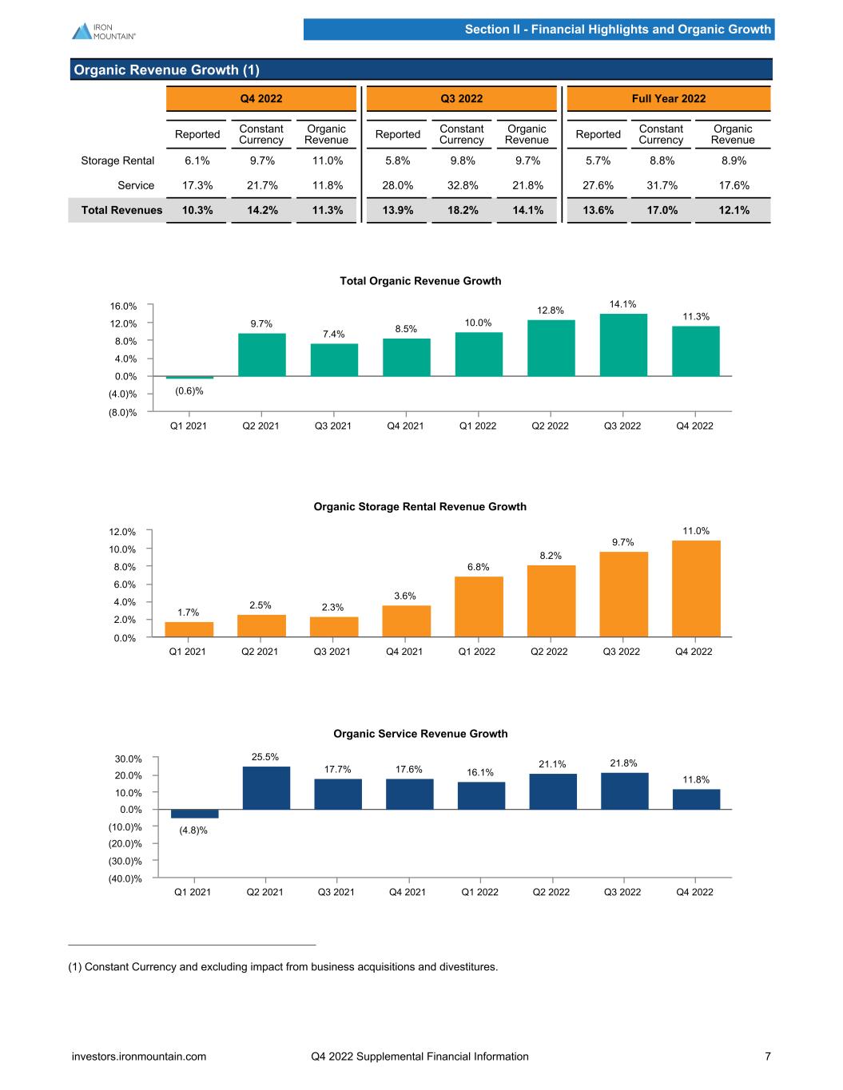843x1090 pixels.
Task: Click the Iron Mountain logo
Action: (x=103, y=30)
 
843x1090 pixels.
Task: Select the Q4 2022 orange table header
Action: (x=261, y=99)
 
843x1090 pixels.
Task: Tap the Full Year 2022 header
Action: (x=668, y=99)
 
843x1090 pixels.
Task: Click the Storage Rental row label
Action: (x=117, y=161)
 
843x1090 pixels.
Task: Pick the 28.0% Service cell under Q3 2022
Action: (x=397, y=185)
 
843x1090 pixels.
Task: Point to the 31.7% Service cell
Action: (x=661, y=185)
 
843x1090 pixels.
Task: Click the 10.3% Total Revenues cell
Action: (x=197, y=210)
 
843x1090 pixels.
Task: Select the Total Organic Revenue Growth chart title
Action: (x=420, y=281)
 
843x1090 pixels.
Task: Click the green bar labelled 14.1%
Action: (x=623, y=345)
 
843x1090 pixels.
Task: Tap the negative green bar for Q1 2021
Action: (x=189, y=377)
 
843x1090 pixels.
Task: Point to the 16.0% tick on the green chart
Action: (x=122, y=306)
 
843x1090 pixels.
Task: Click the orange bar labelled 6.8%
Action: (x=479, y=607)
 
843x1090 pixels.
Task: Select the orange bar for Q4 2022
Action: (x=696, y=589)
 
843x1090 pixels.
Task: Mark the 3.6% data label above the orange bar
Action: (x=406, y=596)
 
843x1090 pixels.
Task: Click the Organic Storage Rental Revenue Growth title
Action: (x=420, y=506)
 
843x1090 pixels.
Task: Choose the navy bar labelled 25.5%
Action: (x=266, y=787)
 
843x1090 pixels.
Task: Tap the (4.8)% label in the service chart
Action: (x=193, y=830)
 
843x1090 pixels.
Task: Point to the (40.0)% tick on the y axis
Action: (x=125, y=879)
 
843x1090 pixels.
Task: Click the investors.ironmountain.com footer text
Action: (x=139, y=1056)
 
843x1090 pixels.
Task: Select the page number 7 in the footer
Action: (x=768, y=1056)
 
